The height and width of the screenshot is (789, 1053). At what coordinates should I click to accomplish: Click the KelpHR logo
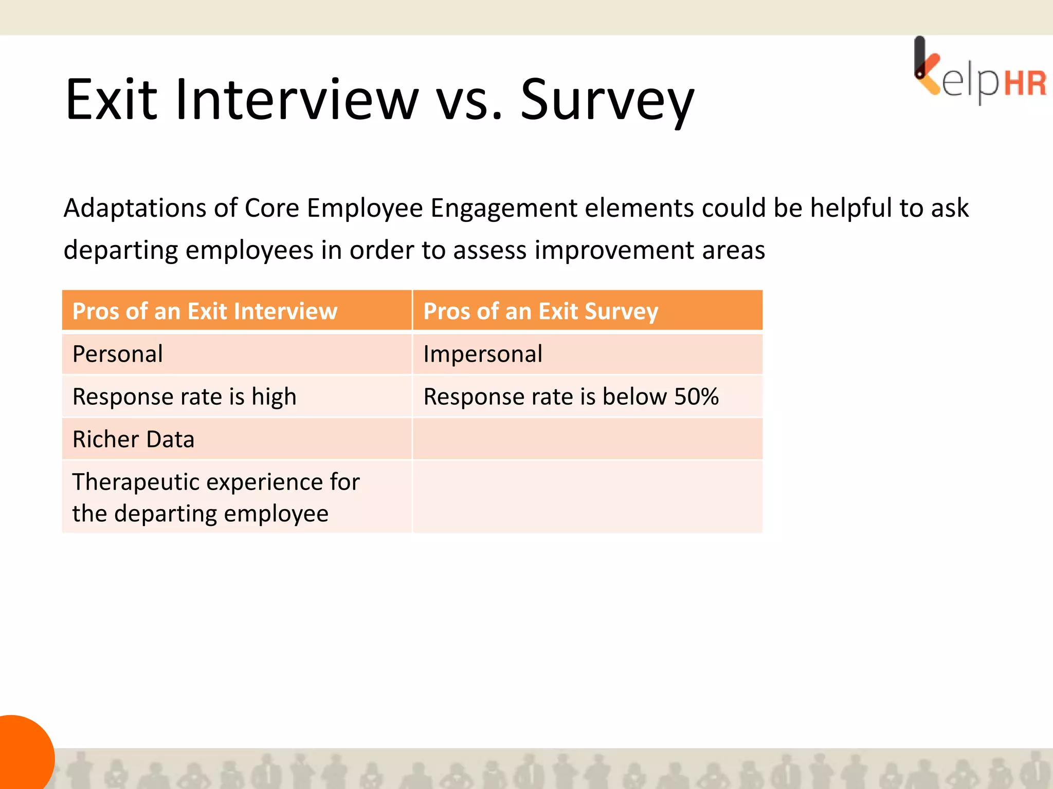[x=979, y=72]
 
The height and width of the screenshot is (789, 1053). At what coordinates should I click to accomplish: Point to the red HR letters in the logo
[x=1025, y=84]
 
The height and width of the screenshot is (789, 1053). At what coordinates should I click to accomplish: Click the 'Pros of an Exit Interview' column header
[x=205, y=311]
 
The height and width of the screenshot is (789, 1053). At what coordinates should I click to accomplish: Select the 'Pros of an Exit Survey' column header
[x=540, y=311]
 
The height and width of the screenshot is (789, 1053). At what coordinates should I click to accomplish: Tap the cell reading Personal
[x=118, y=354]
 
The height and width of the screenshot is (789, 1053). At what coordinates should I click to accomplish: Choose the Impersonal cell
[x=482, y=354]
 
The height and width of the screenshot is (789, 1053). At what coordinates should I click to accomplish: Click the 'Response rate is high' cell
[x=184, y=397]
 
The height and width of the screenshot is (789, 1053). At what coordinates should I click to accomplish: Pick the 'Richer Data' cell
[x=133, y=439]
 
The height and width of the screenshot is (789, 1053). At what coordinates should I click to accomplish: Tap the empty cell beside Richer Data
[x=587, y=439]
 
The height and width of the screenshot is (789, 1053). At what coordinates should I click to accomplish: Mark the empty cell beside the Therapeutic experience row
[x=587, y=497]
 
